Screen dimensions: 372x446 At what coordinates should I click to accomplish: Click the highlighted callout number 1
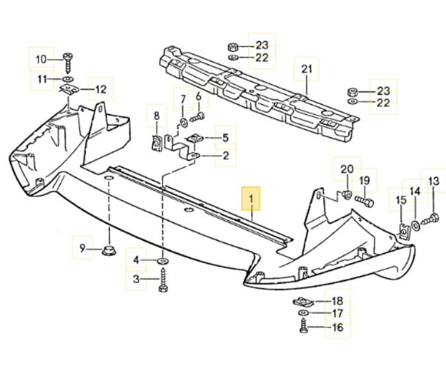(x=251, y=198)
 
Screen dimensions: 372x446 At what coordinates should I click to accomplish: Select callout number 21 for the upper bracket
(x=306, y=69)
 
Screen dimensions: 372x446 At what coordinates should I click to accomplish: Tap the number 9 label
(x=83, y=249)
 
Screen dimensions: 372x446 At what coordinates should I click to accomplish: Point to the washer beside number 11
(x=68, y=80)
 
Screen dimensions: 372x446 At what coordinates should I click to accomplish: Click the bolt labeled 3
(x=163, y=282)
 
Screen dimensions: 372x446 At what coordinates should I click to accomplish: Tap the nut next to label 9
(x=108, y=250)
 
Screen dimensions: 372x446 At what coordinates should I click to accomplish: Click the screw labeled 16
(x=303, y=326)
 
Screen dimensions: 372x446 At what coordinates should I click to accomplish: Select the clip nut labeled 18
(x=302, y=302)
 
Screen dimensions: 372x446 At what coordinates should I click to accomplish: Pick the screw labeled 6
(x=197, y=117)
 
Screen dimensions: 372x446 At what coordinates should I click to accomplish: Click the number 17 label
(x=338, y=313)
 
